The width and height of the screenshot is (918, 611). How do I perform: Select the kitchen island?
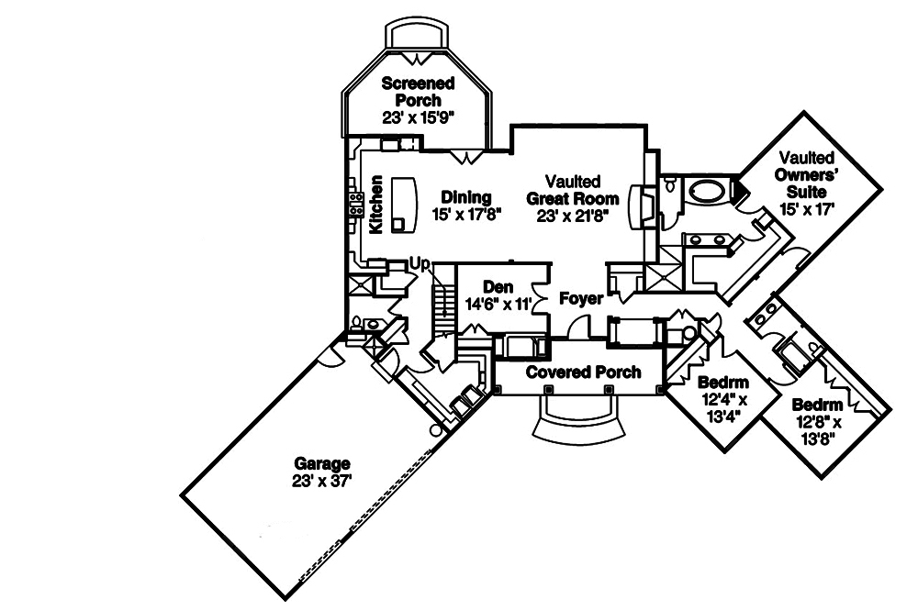[x=403, y=203]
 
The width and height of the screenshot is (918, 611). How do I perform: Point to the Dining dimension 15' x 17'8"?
[x=466, y=216]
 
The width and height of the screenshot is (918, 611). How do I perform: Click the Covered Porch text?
[x=583, y=373]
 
